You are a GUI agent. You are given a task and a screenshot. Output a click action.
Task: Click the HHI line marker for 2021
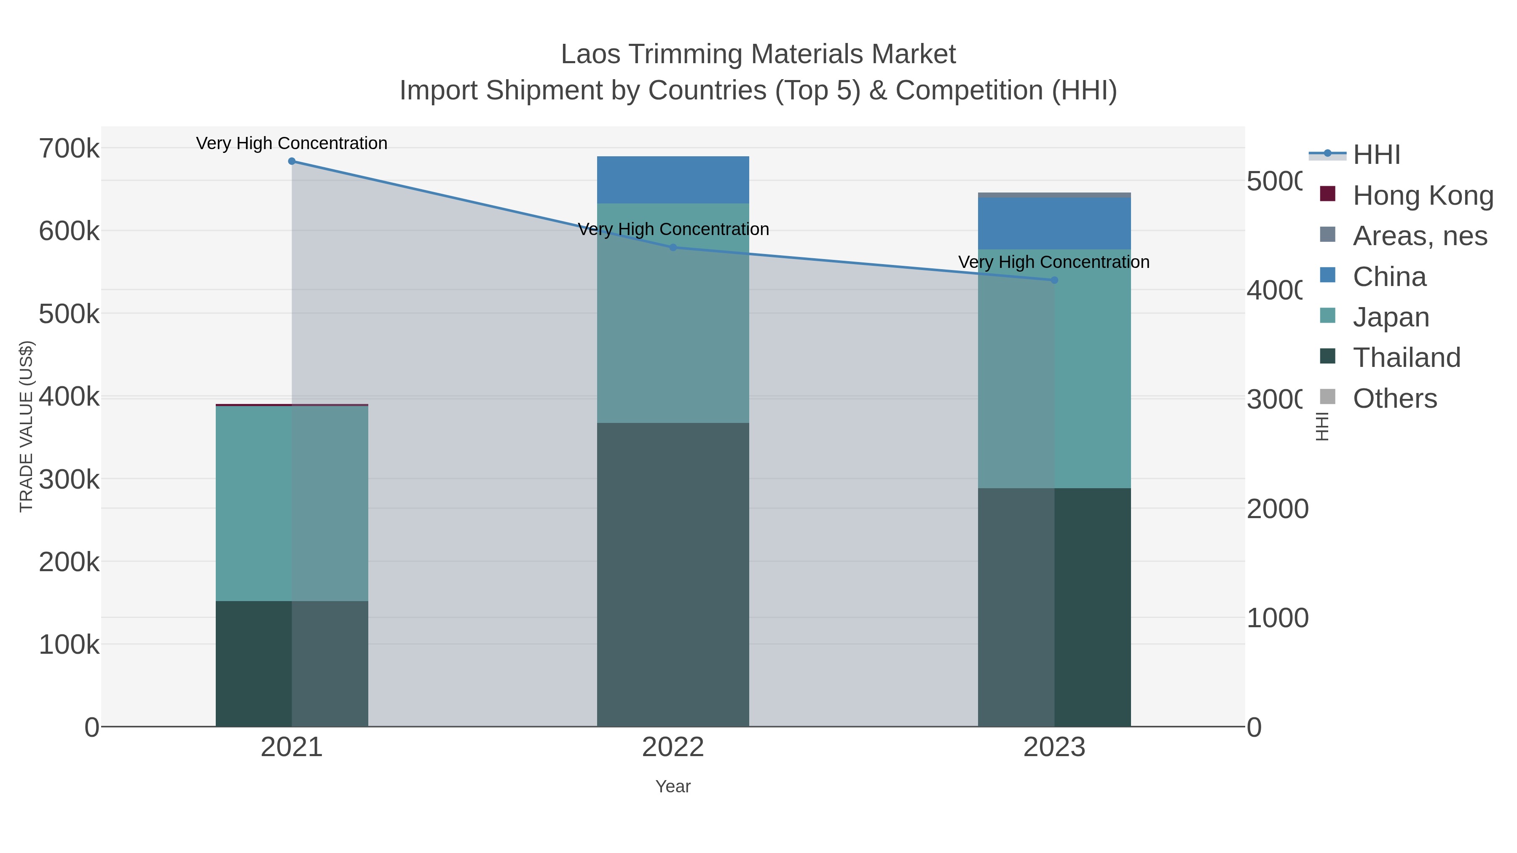pos(292,161)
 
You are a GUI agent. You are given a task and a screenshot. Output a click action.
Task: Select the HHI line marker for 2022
pos(673,247)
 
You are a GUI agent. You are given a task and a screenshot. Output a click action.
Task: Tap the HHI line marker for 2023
pos(1054,280)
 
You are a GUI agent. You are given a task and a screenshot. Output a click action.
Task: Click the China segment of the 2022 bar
pos(673,179)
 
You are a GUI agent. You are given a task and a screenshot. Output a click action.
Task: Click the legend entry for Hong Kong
pos(1422,195)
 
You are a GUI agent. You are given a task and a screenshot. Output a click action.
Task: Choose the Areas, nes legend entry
pos(1419,236)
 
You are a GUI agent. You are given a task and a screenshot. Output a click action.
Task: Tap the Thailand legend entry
pos(1406,357)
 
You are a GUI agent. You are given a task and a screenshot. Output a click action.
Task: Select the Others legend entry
pos(1394,398)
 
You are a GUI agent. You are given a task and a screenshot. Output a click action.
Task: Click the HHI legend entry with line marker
pos(1376,155)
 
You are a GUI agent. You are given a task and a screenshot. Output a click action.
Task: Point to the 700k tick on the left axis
pos(69,148)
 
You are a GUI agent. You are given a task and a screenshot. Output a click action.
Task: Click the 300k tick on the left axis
pos(69,480)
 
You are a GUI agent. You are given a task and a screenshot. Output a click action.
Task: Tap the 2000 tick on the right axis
pos(1277,509)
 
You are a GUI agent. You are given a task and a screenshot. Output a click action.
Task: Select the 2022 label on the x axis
pos(673,748)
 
